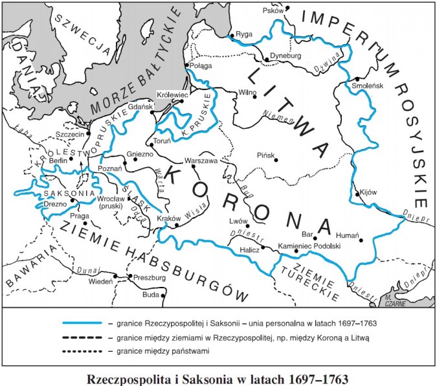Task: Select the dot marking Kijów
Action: (356, 194)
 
